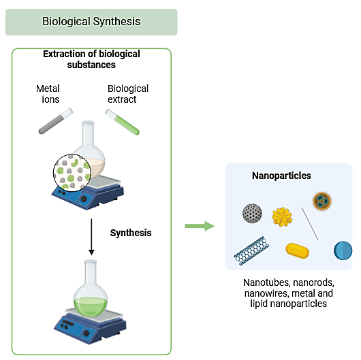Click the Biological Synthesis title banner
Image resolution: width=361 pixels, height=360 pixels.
click(x=91, y=22)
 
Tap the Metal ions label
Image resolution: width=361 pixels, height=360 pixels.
click(x=48, y=94)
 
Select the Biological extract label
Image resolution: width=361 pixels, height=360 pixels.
click(x=128, y=94)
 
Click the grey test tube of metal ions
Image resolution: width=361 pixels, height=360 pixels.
click(x=56, y=120)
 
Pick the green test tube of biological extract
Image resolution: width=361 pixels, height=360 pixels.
click(x=122, y=122)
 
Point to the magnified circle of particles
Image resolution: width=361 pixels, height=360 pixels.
click(x=72, y=173)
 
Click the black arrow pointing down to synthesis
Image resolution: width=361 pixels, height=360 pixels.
click(x=91, y=237)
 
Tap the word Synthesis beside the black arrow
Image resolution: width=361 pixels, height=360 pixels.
click(x=131, y=233)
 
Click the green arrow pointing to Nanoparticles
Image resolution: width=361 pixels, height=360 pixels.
click(x=200, y=226)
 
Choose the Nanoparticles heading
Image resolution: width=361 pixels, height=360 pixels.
click(x=281, y=176)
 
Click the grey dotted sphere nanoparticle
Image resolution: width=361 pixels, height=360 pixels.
click(x=252, y=213)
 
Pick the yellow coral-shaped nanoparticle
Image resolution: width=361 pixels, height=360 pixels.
click(x=282, y=216)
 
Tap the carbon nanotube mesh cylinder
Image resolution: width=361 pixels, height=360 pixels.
click(x=251, y=250)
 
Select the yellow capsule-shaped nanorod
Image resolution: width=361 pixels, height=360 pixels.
click(x=297, y=250)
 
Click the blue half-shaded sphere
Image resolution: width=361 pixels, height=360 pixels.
click(x=343, y=250)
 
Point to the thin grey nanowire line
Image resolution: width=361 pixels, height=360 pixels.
click(x=310, y=224)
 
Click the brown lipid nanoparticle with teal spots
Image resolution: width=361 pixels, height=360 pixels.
click(x=322, y=201)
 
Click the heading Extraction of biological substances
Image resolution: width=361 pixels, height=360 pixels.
click(x=91, y=59)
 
